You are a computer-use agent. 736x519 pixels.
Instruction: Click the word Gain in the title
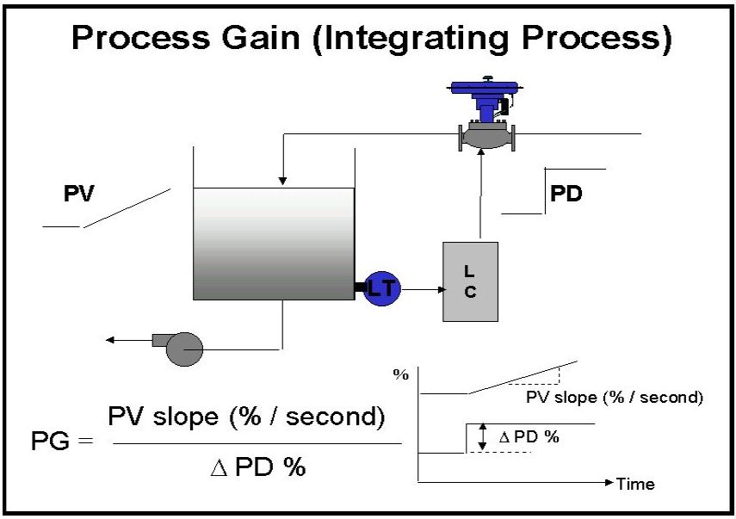coord(261,38)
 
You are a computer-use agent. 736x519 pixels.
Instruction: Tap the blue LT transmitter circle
coord(382,288)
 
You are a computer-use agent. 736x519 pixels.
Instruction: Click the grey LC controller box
coord(470,281)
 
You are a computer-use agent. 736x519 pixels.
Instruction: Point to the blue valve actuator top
coord(486,87)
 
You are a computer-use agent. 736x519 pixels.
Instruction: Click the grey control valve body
coord(487,137)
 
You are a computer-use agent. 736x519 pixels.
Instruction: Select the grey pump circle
coord(185,349)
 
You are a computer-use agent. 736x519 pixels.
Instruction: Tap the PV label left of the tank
coord(79,194)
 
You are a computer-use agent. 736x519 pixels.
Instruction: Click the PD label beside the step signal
coord(566,194)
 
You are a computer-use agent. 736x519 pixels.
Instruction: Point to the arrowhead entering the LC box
coord(442,289)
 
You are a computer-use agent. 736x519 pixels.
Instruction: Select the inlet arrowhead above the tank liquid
coord(282,181)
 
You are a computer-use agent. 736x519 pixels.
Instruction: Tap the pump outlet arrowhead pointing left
coord(110,340)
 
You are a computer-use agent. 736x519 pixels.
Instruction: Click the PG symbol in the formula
coord(50,441)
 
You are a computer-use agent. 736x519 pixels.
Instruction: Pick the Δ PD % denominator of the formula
coord(257,466)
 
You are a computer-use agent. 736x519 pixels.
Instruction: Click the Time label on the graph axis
coord(635,484)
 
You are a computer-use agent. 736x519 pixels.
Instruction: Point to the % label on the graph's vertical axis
coord(401,375)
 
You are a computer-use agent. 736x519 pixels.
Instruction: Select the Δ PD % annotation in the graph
coord(529,437)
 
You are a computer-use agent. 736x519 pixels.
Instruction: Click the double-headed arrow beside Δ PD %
coord(482,436)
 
